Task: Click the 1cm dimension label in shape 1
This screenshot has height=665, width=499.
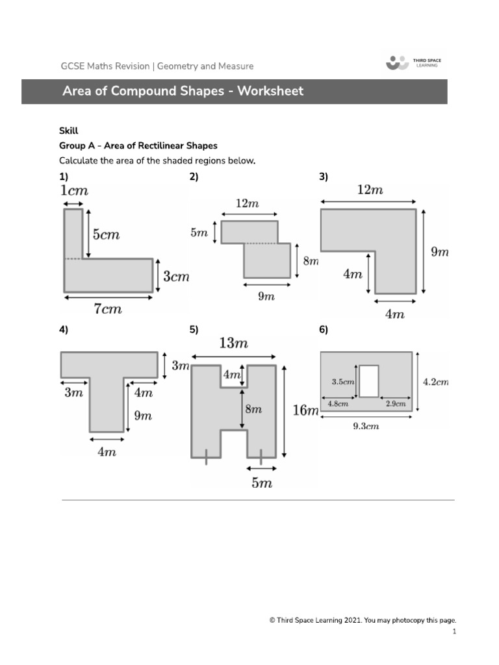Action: [x=73, y=191]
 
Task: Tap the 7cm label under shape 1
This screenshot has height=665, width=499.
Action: [x=108, y=309]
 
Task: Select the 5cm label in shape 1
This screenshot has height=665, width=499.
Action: [x=106, y=234]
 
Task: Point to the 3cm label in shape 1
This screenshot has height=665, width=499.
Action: [x=175, y=277]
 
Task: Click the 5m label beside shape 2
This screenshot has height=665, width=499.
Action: [x=199, y=232]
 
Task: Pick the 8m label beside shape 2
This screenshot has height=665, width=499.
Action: [x=311, y=261]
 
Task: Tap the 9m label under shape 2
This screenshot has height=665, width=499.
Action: [x=266, y=296]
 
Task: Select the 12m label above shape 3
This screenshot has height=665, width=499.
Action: [x=370, y=190]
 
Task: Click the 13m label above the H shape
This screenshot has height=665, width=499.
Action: [x=233, y=344]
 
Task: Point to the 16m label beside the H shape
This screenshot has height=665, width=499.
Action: [x=305, y=410]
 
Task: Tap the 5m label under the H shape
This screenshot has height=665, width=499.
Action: [x=261, y=483]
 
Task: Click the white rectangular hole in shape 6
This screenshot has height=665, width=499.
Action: [x=368, y=381]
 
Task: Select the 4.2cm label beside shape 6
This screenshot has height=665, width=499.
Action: [x=435, y=382]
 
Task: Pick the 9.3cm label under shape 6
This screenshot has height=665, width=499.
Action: [x=366, y=427]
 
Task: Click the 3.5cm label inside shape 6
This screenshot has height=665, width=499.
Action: [x=342, y=382]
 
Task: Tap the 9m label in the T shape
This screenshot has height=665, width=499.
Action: [x=143, y=416]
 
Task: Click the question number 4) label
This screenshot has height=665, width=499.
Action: [x=64, y=330]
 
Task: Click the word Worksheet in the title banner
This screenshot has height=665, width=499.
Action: [x=270, y=91]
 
